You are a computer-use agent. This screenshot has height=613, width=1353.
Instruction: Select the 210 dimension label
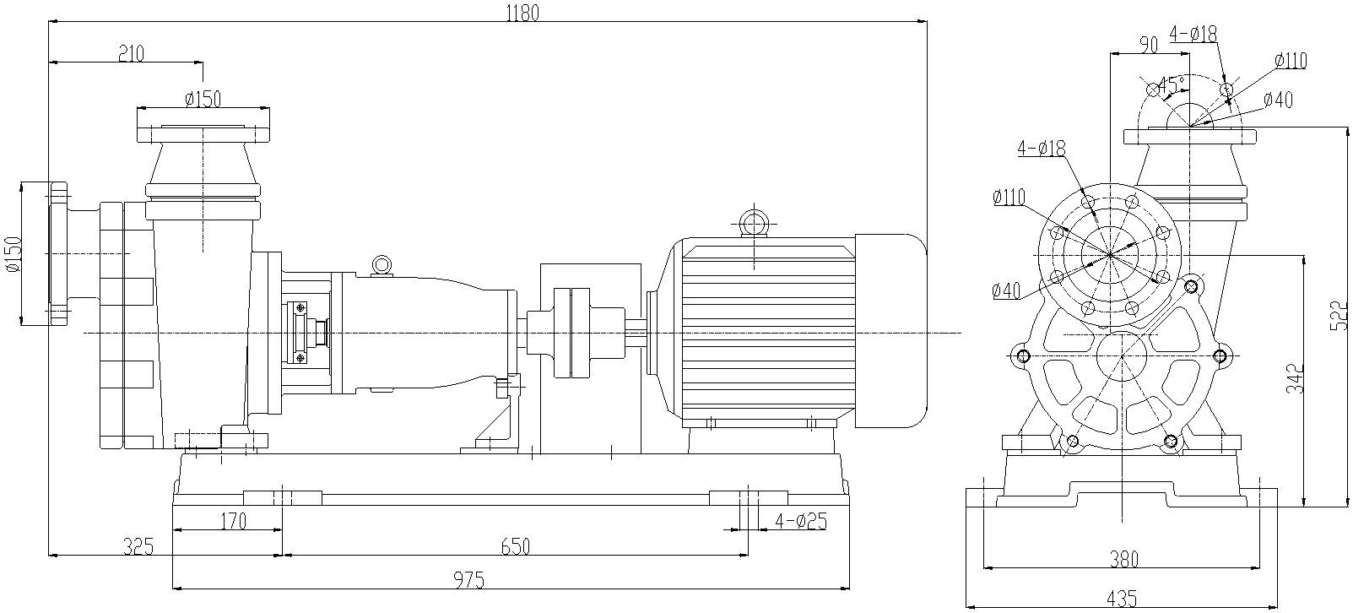click(x=131, y=53)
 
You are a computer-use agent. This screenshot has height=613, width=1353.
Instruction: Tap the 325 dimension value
click(x=137, y=546)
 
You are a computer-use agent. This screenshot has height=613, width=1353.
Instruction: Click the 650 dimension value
click(x=515, y=546)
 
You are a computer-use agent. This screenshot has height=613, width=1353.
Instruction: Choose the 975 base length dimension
click(x=469, y=580)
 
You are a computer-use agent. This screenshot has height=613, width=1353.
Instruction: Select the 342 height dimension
click(x=1297, y=378)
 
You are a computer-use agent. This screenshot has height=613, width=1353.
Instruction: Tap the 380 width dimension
click(x=1123, y=558)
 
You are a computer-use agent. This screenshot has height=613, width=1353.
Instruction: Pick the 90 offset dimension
click(x=1148, y=45)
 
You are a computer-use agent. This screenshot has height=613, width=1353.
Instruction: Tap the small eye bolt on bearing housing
click(x=382, y=264)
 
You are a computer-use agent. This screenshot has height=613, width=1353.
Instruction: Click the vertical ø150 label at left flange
click(x=12, y=253)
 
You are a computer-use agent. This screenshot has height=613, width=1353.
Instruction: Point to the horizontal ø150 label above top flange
click(x=203, y=99)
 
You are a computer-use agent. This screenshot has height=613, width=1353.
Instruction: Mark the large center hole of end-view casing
click(x=1122, y=355)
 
